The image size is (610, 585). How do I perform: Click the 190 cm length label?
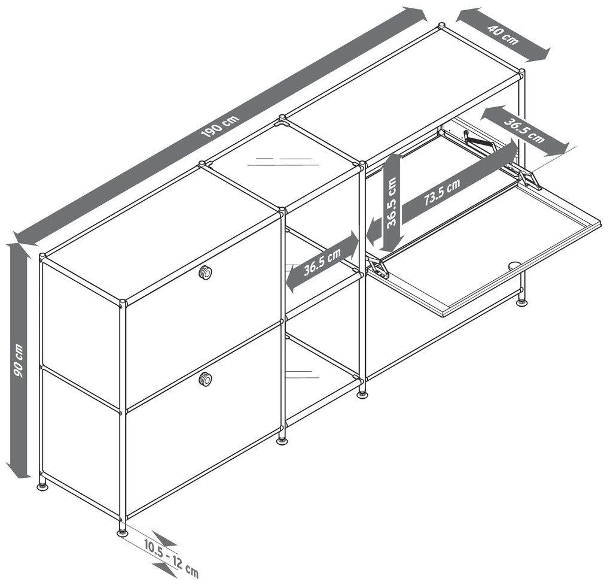coord(221,126)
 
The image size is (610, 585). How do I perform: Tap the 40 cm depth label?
coord(504,35)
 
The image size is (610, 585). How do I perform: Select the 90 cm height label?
coord(19,360)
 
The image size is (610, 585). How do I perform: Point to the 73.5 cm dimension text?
coord(443,191)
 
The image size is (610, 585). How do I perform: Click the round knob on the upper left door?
coord(205,272)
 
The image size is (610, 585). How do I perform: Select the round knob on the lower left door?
coord(205,378)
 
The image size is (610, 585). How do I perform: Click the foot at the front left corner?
coord(122,532)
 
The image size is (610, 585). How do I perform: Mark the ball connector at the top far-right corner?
coord(521,72)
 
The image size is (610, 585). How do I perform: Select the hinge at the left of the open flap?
coord(377,269)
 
